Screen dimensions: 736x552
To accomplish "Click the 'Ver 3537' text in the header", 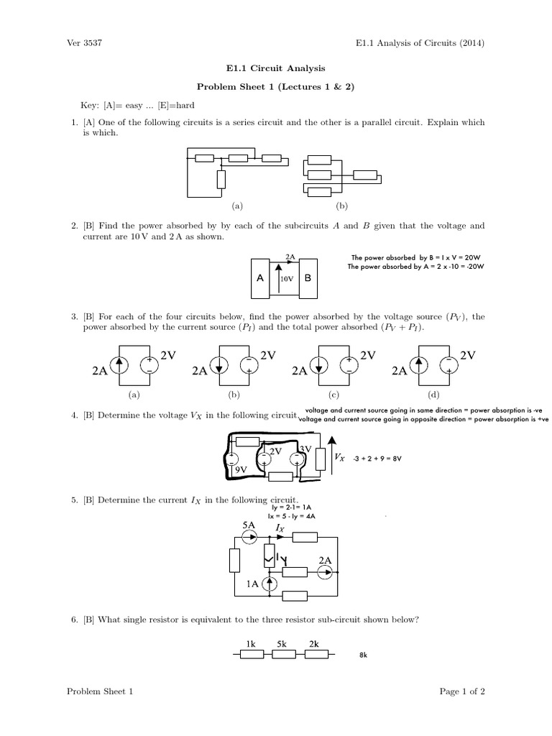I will pos(84,43).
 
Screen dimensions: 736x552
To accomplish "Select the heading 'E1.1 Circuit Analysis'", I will pos(276,69).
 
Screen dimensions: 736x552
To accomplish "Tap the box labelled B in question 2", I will pos(307,276).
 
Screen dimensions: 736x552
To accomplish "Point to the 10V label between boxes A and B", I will pos(287,279).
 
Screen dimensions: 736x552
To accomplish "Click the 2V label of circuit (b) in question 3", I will pos(267,355).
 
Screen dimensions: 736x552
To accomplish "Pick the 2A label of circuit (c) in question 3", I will pos(300,372).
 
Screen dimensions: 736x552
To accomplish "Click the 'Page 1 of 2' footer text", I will pos(462,691).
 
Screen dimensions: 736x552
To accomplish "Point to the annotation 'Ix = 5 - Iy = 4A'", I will pos(292,516).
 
